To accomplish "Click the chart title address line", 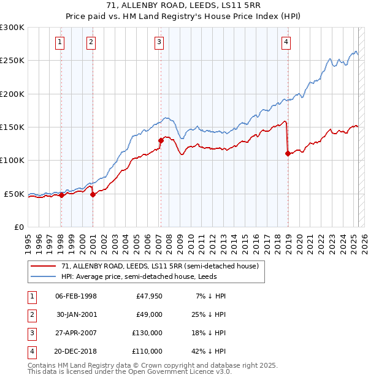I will pyautogui.click(x=183, y=6).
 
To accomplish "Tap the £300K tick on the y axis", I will pyautogui.click(x=12, y=28).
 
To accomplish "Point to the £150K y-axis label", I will pyautogui.click(x=12, y=127).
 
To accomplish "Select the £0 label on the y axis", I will pyautogui.click(x=18, y=227).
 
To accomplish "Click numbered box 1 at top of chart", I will pyautogui.click(x=59, y=42).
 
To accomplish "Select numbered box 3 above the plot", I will pyautogui.click(x=159, y=42).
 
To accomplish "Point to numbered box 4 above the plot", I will pyautogui.click(x=286, y=42).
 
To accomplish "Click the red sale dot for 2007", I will pyautogui.click(x=161, y=140).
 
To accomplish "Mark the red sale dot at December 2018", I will pyautogui.click(x=288, y=154).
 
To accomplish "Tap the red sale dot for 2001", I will pyautogui.click(x=93, y=194).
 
